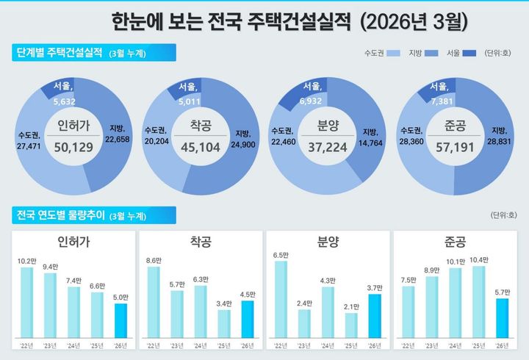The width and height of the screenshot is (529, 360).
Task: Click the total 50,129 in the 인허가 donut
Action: pyautogui.click(x=73, y=148)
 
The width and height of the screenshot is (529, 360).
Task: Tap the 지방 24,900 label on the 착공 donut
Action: pyautogui.click(x=242, y=140)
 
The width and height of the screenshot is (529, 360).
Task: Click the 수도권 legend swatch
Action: pyautogui.click(x=395, y=54)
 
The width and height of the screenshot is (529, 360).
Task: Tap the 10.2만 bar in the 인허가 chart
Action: pyautogui.click(x=26, y=300)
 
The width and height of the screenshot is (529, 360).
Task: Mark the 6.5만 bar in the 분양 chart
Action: pyautogui.click(x=281, y=298)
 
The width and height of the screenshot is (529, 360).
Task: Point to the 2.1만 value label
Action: pyautogui.click(x=350, y=306)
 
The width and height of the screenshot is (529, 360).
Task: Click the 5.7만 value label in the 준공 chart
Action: pyautogui.click(x=503, y=292)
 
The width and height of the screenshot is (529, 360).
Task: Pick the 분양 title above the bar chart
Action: pyautogui.click(x=327, y=242)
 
